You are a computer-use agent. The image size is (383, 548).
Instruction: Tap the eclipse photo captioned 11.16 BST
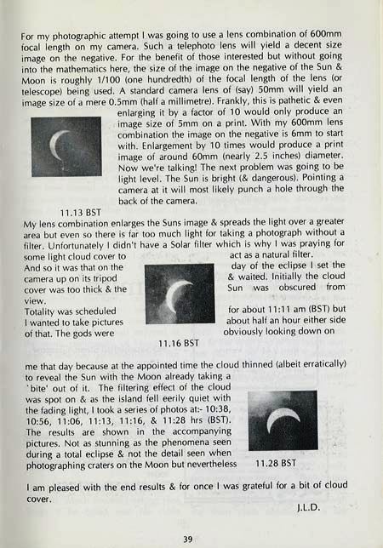[x=179, y=293]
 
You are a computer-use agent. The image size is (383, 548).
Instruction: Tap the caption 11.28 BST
[x=275, y=463]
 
